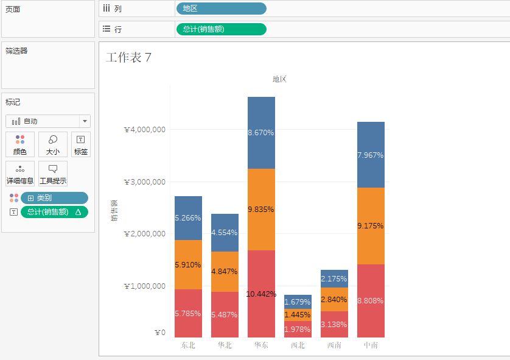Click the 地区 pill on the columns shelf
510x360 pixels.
click(x=221, y=9)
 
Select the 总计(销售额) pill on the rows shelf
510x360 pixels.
click(x=221, y=29)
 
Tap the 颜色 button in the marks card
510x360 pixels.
click(x=20, y=145)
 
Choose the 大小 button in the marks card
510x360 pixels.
click(x=53, y=145)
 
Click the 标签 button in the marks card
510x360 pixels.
click(x=81, y=145)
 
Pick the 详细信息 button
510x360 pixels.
click(x=20, y=174)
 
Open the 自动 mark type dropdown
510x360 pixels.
click(x=48, y=121)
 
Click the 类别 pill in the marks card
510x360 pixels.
click(x=54, y=198)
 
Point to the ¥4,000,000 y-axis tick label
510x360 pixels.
click(x=145, y=130)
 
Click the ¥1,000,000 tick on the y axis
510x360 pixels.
click(x=145, y=286)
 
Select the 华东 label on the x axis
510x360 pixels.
click(x=261, y=345)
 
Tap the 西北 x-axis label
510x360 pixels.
click(x=298, y=345)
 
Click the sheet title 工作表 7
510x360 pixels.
click(x=128, y=58)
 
